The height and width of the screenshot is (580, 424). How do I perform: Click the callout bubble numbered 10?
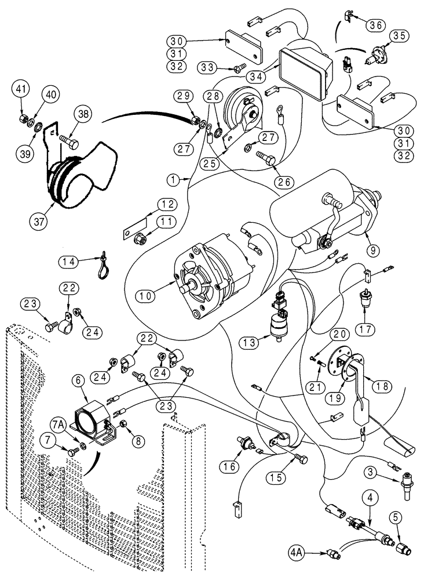(146, 295)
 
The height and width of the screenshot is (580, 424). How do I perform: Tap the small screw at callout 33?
(237, 68)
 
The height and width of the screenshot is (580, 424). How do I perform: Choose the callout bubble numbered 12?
(167, 205)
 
